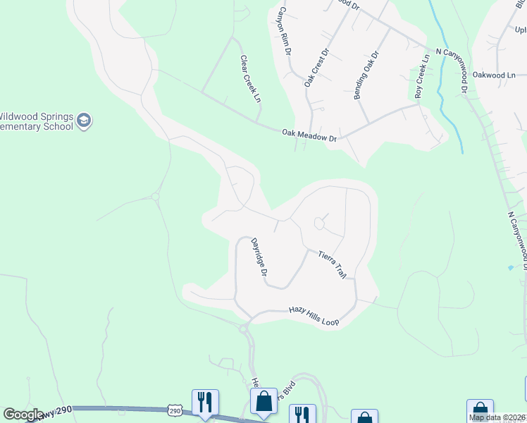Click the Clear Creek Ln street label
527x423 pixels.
(250, 79)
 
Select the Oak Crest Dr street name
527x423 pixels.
(316, 68)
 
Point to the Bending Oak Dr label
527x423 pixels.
(366, 74)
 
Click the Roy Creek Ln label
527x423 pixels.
(421, 76)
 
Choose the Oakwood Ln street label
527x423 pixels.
(494, 75)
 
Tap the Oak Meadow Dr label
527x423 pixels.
(310, 134)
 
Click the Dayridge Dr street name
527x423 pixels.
(259, 257)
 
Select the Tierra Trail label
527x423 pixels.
(332, 264)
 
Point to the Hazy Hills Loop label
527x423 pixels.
(314, 315)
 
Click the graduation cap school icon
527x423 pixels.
(85, 121)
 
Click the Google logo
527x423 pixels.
(23, 415)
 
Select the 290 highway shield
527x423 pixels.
(175, 410)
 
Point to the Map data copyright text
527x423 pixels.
(497, 417)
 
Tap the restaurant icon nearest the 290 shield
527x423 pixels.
(205, 401)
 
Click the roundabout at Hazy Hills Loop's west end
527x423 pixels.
(244, 329)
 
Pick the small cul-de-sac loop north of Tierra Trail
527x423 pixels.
(318, 224)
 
